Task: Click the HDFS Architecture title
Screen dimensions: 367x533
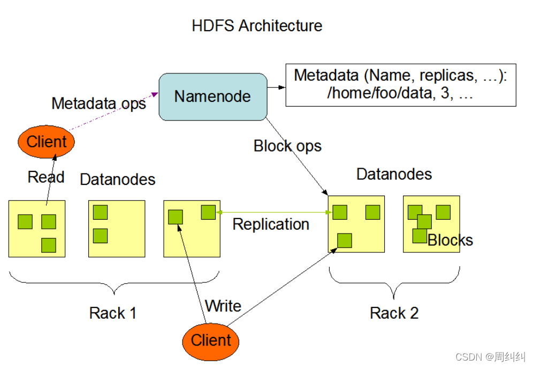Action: tap(257, 25)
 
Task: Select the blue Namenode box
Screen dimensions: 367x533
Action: tap(212, 96)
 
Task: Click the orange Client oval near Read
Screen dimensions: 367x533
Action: tap(47, 142)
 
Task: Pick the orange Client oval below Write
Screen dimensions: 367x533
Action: tap(211, 340)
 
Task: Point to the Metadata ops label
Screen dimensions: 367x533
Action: tap(98, 103)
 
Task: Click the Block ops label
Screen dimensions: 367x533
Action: tap(287, 146)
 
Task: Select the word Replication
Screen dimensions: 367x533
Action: tap(271, 224)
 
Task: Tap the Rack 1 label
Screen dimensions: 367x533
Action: tap(112, 313)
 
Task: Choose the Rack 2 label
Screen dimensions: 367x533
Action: tap(394, 313)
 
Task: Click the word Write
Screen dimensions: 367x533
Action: tap(223, 306)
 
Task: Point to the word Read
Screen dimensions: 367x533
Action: tap(46, 177)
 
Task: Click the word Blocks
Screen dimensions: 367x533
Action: tap(451, 240)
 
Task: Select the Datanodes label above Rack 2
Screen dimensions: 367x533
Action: tap(394, 174)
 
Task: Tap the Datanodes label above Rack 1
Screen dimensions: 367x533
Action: tap(117, 179)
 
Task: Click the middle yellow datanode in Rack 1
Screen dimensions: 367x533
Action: tap(117, 228)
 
